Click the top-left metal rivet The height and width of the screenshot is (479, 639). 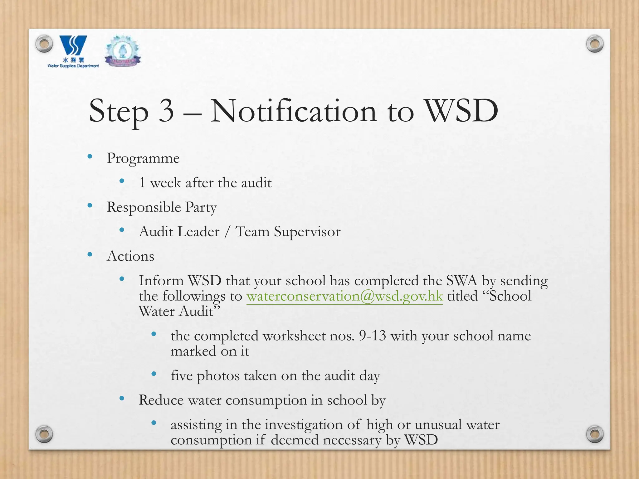pos(44,43)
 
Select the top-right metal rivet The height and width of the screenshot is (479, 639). pos(595,43)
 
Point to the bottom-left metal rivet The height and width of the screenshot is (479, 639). pos(44,434)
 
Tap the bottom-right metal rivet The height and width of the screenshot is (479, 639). pos(595,434)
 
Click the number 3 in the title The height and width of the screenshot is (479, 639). pos(166,111)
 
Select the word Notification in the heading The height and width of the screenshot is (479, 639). pos(294,111)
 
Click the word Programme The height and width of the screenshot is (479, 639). pos(143,158)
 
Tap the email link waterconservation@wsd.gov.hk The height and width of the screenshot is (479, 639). pos(344,296)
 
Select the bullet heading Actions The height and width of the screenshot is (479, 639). pos(130,256)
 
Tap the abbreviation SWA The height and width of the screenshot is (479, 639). pos(461,281)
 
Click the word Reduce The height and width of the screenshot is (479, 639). pos(161,400)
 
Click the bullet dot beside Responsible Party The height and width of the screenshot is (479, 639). pos(90,206)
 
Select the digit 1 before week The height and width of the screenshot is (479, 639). pos(142,183)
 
